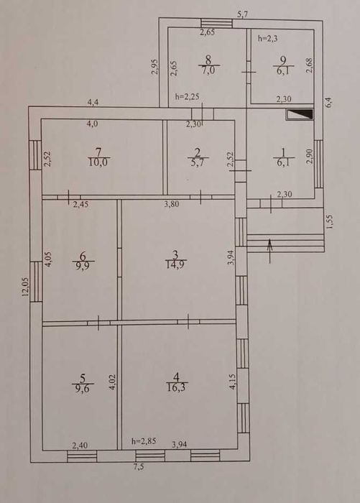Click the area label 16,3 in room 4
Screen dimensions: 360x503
point(177,388)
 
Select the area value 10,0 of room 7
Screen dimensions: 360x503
point(98,162)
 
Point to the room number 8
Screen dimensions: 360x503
point(208,60)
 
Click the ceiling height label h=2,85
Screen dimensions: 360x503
point(144,441)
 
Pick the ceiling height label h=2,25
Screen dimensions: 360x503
point(188,96)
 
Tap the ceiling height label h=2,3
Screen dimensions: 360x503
point(267,39)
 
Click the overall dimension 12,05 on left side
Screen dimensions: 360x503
point(26,287)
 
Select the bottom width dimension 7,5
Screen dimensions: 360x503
point(139,467)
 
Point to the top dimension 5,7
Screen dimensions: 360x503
point(243,14)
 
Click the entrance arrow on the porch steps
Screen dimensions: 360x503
point(270,251)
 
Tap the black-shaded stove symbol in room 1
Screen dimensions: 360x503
point(300,114)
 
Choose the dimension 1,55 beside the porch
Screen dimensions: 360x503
point(330,221)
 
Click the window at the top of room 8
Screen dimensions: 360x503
point(216,24)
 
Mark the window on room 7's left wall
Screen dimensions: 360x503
point(35,155)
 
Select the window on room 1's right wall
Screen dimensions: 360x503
point(318,164)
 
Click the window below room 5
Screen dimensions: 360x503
point(82,456)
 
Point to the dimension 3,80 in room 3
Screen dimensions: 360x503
point(172,204)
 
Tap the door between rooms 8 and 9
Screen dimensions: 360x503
point(249,72)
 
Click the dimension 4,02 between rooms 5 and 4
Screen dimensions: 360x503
point(112,382)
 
